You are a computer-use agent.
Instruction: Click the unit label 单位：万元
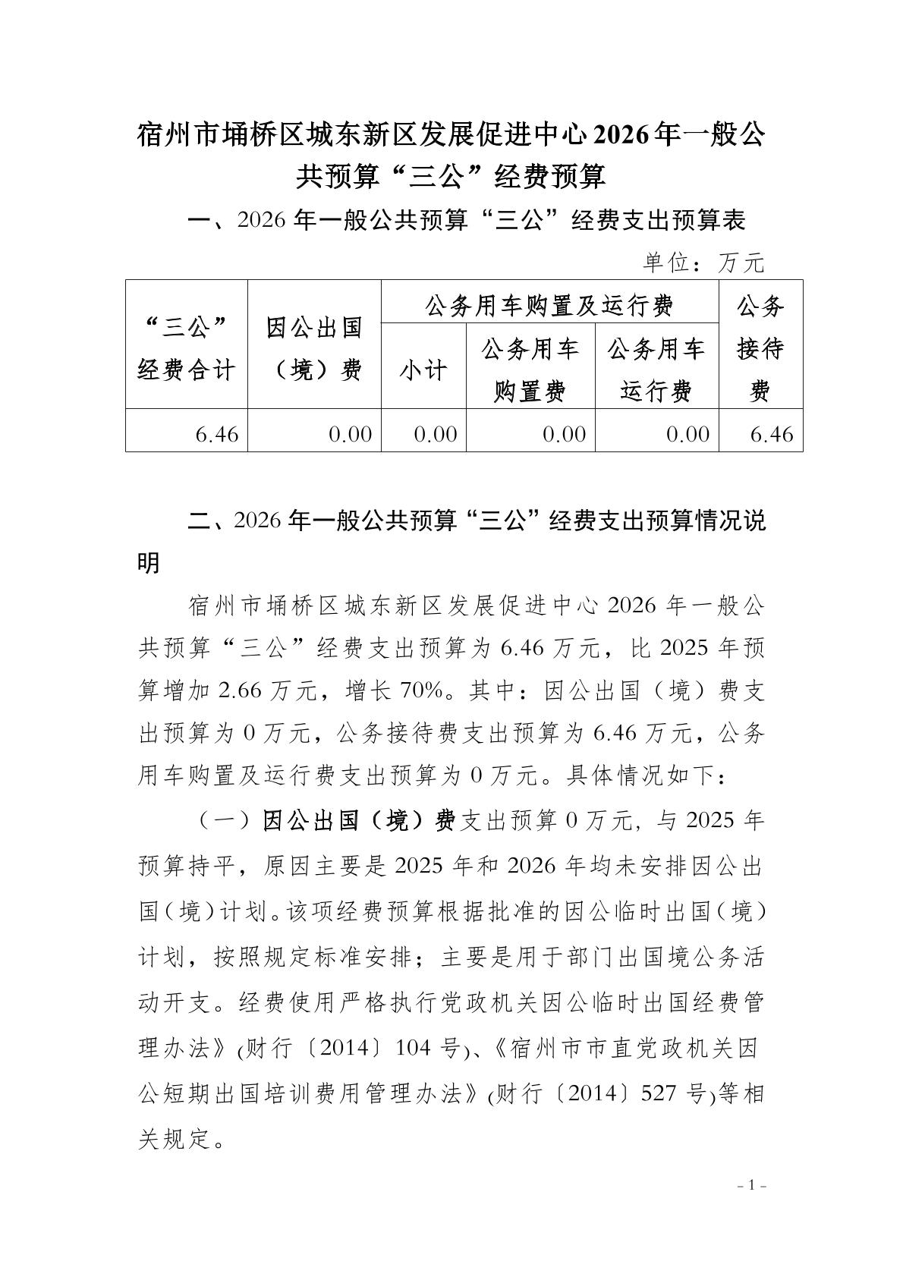(x=703, y=263)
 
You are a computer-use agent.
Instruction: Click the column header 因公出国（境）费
(x=314, y=349)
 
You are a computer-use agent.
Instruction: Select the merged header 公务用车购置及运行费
(x=549, y=306)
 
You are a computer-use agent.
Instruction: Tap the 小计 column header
(x=423, y=371)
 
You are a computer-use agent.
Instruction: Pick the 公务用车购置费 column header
(x=530, y=370)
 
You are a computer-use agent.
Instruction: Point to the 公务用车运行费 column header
(x=656, y=370)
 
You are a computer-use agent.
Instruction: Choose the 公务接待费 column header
(x=760, y=349)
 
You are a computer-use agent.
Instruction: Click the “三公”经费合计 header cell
(x=187, y=349)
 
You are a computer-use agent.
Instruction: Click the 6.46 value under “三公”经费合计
(x=217, y=434)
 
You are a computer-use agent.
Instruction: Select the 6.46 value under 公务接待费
(x=772, y=434)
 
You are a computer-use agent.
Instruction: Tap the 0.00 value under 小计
(x=436, y=434)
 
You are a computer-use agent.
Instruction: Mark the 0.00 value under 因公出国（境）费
(x=350, y=434)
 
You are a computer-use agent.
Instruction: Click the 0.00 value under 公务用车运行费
(x=687, y=434)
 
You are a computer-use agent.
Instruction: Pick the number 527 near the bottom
(x=659, y=1093)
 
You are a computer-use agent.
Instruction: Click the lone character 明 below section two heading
(x=149, y=563)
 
